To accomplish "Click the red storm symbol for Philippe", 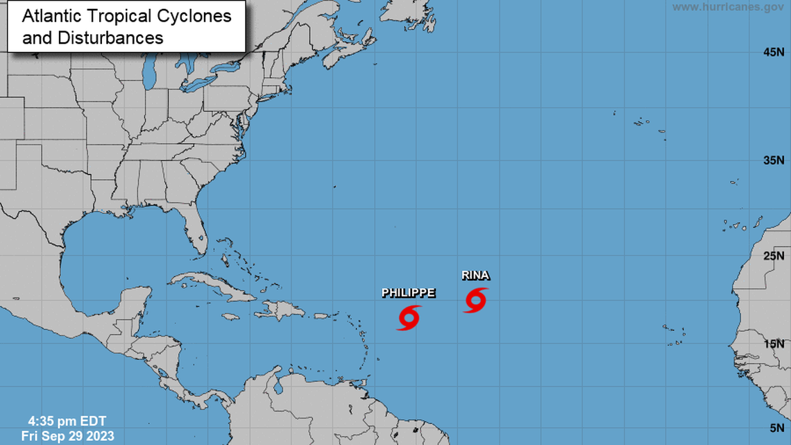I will (x=409, y=317).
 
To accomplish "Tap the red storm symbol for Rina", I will (x=475, y=300).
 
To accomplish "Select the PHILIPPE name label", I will (x=409, y=293).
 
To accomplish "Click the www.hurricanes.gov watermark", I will (x=728, y=7).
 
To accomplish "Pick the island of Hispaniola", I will (x=281, y=310).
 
